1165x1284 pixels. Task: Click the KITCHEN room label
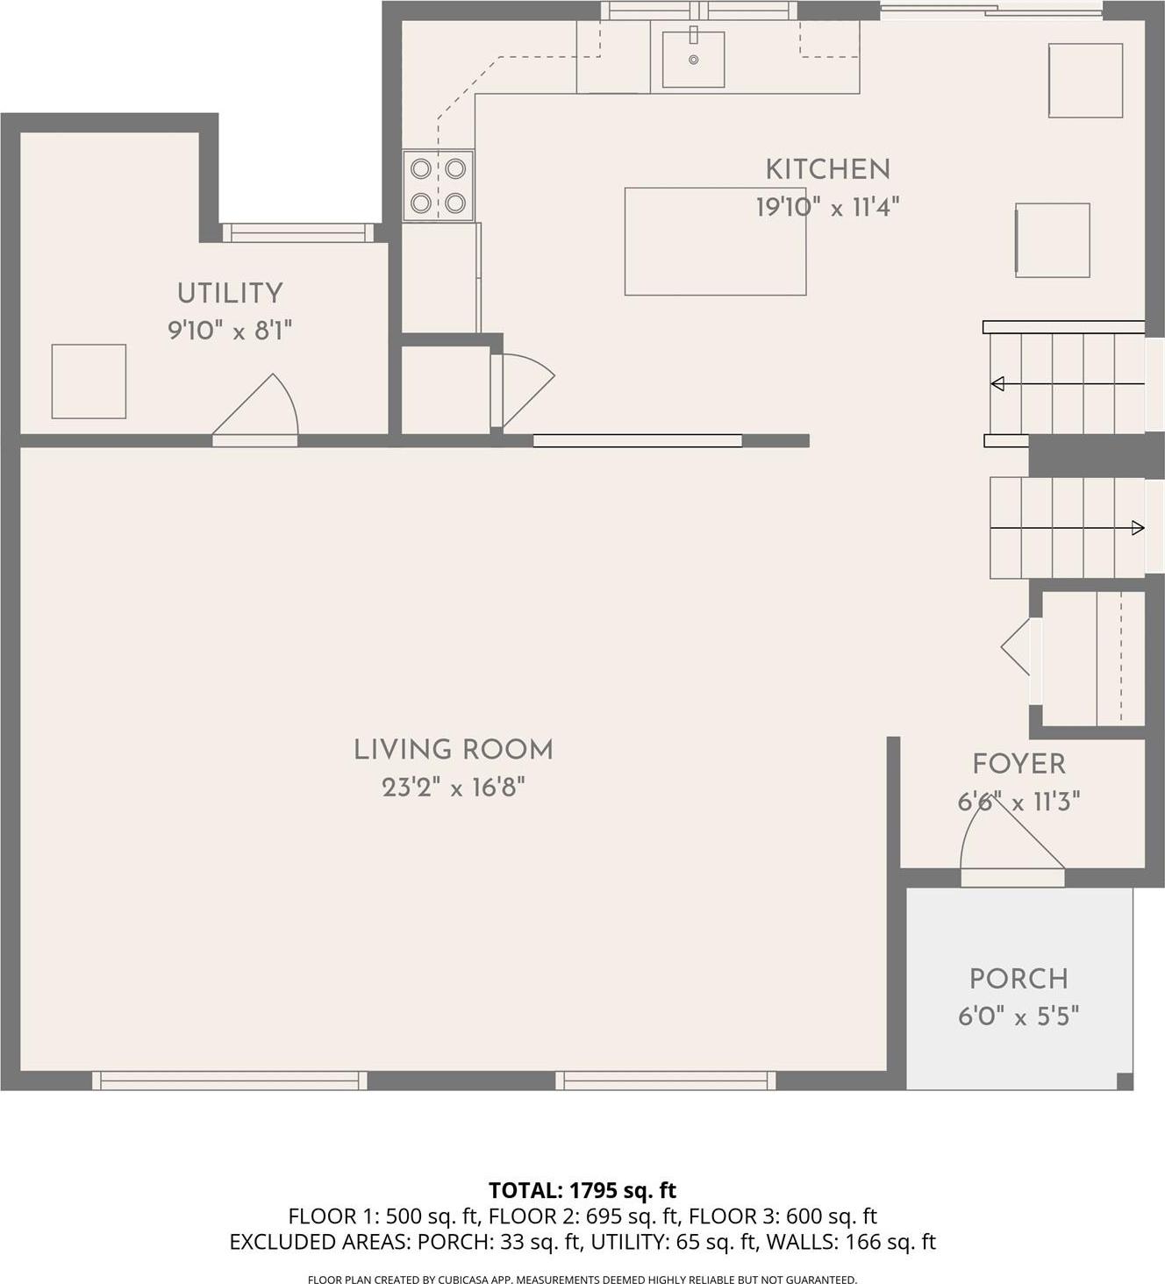click(827, 169)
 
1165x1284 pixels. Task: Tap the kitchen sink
click(693, 59)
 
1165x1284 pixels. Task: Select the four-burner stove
click(438, 185)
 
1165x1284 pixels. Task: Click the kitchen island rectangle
click(715, 241)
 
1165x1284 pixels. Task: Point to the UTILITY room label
click(230, 293)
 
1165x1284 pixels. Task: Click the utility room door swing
click(260, 407)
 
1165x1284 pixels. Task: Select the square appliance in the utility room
click(89, 382)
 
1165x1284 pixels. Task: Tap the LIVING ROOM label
click(453, 750)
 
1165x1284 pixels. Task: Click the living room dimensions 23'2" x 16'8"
click(453, 788)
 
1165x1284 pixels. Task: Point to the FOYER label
click(1018, 764)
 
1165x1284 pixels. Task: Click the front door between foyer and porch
click(1012, 874)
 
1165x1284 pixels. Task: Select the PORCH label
click(1018, 979)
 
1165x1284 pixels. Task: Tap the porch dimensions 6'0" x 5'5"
click(1018, 1016)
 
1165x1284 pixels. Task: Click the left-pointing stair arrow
click(998, 384)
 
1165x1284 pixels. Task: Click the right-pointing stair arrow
click(1137, 528)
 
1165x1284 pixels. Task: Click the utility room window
click(298, 232)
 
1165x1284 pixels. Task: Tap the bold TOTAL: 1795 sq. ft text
click(582, 1190)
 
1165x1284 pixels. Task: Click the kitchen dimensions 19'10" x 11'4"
click(827, 208)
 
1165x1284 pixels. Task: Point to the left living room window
click(230, 1081)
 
